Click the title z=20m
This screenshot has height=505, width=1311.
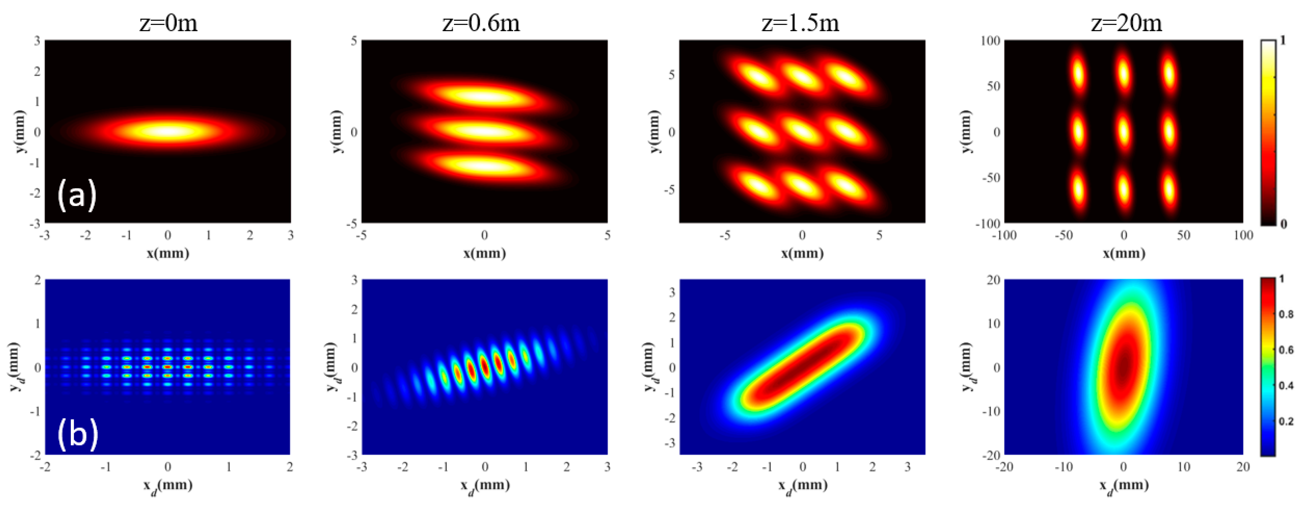pyautogui.click(x=1126, y=23)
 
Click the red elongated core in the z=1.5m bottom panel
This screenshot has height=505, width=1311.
pyautogui.click(x=803, y=367)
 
